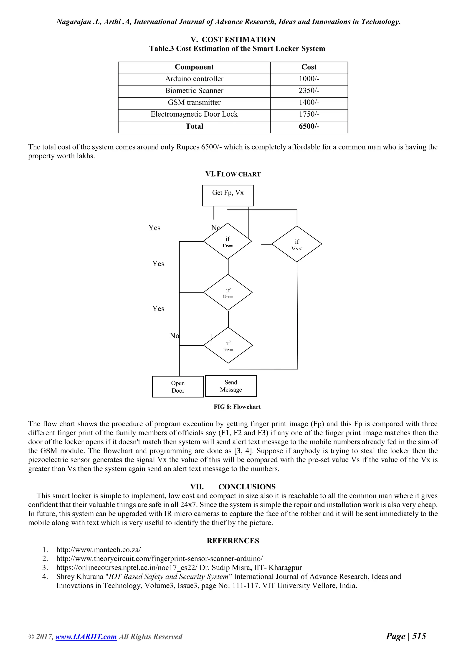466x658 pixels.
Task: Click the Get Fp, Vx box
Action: (x=228, y=195)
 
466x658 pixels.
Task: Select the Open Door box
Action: (x=178, y=387)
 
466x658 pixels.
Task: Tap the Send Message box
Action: (x=231, y=386)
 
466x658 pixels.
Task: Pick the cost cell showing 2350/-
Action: (x=309, y=91)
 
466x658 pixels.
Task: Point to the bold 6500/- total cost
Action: (x=309, y=126)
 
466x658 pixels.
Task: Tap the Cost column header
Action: (x=309, y=67)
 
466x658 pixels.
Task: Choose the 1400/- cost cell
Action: (x=309, y=102)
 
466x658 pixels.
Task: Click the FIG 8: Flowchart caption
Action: (x=237, y=407)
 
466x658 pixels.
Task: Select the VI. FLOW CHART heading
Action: (x=233, y=174)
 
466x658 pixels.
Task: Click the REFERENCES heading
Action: (x=233, y=541)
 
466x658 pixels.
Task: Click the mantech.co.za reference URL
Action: (x=99, y=550)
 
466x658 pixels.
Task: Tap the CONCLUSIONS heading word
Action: (x=247, y=487)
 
